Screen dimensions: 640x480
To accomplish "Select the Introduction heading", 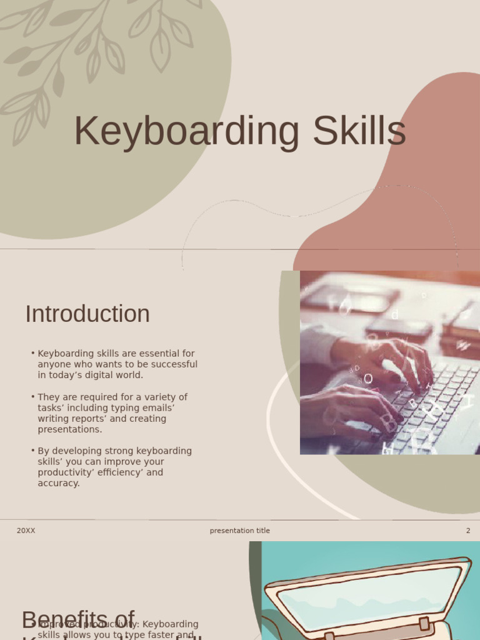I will [87, 314].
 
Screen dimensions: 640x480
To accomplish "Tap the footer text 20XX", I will [26, 531].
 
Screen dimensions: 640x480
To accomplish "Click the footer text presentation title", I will [240, 531].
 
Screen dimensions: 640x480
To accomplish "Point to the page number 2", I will [468, 531].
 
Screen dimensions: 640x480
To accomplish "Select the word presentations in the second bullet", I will [69, 429].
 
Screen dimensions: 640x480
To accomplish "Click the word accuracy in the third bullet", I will [58, 483].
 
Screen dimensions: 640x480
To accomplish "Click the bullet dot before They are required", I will [32, 397].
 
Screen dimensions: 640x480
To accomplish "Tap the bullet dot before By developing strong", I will [32, 451].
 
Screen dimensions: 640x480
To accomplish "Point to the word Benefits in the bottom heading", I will [78, 620].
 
